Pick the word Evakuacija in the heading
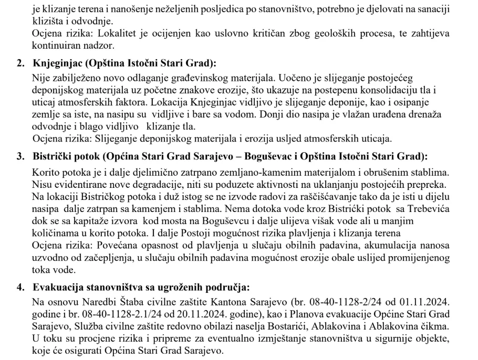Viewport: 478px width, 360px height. [57, 287]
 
